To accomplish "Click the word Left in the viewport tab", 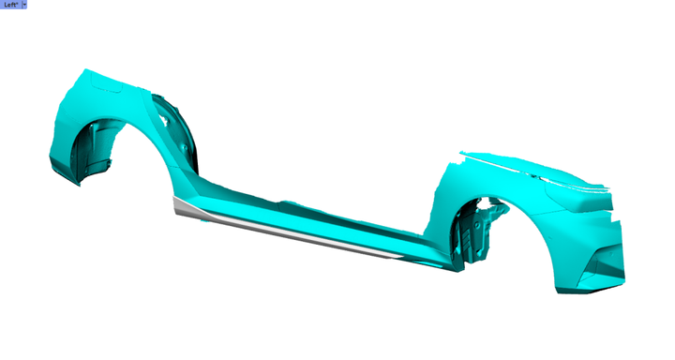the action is [x=10, y=5].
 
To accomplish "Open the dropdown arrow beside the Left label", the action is [x=24, y=5].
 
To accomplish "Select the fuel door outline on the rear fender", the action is [x=107, y=86].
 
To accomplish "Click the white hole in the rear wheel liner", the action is [x=163, y=122].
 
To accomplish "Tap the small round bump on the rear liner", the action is [x=184, y=148].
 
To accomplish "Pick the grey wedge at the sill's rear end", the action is [x=186, y=206].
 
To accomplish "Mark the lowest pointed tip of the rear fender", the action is [x=79, y=186].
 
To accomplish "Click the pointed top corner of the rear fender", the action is [x=86, y=69].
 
